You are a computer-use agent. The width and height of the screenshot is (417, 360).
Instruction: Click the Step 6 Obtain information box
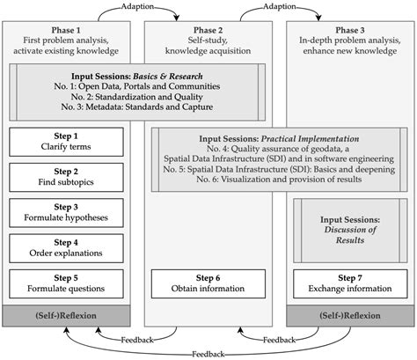(208, 283)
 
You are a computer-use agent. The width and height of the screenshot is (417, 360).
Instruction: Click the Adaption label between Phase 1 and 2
(140, 6)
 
